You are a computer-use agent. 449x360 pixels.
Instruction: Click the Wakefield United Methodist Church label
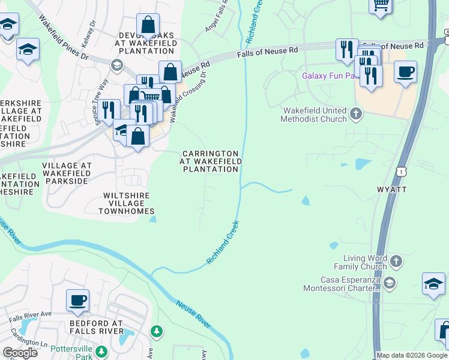(x=313, y=115)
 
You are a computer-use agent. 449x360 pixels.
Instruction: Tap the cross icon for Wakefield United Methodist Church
(x=356, y=113)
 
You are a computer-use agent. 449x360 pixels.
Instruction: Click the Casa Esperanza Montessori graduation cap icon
(x=389, y=283)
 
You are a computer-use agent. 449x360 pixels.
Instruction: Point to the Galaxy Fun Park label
(x=327, y=76)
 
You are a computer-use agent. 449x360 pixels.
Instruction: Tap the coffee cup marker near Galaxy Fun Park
(x=406, y=73)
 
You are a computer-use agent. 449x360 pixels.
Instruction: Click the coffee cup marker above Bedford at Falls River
(x=78, y=300)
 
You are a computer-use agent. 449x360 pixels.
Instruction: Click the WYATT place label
(x=392, y=190)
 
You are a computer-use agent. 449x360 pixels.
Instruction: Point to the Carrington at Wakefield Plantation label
(x=211, y=161)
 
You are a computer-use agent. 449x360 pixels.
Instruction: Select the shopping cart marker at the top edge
(x=381, y=5)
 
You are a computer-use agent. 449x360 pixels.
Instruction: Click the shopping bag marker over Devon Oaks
(x=148, y=26)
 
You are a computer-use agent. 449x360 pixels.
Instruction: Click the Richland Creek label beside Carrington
(x=223, y=243)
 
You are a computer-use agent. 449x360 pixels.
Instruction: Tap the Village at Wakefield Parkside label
(x=67, y=170)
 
